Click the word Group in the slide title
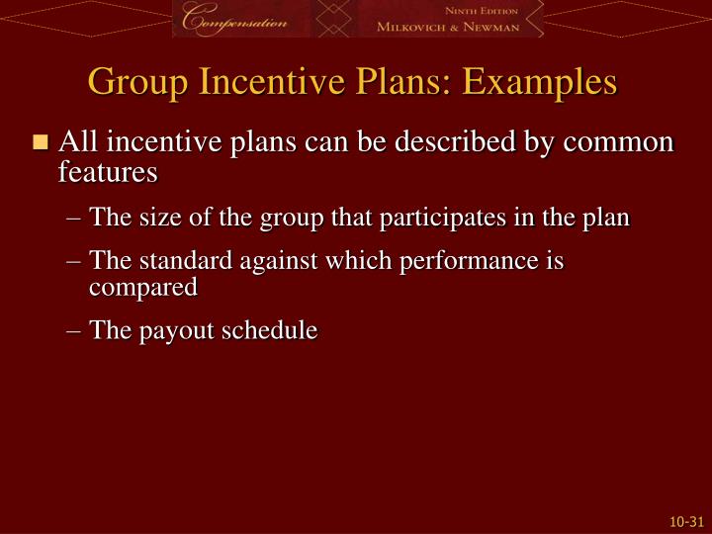[x=133, y=81]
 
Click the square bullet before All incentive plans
[x=40, y=142]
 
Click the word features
[x=108, y=172]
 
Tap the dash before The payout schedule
[x=77, y=331]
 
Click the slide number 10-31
[x=685, y=519]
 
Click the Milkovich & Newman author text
[x=447, y=28]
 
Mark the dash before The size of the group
[x=77, y=218]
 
